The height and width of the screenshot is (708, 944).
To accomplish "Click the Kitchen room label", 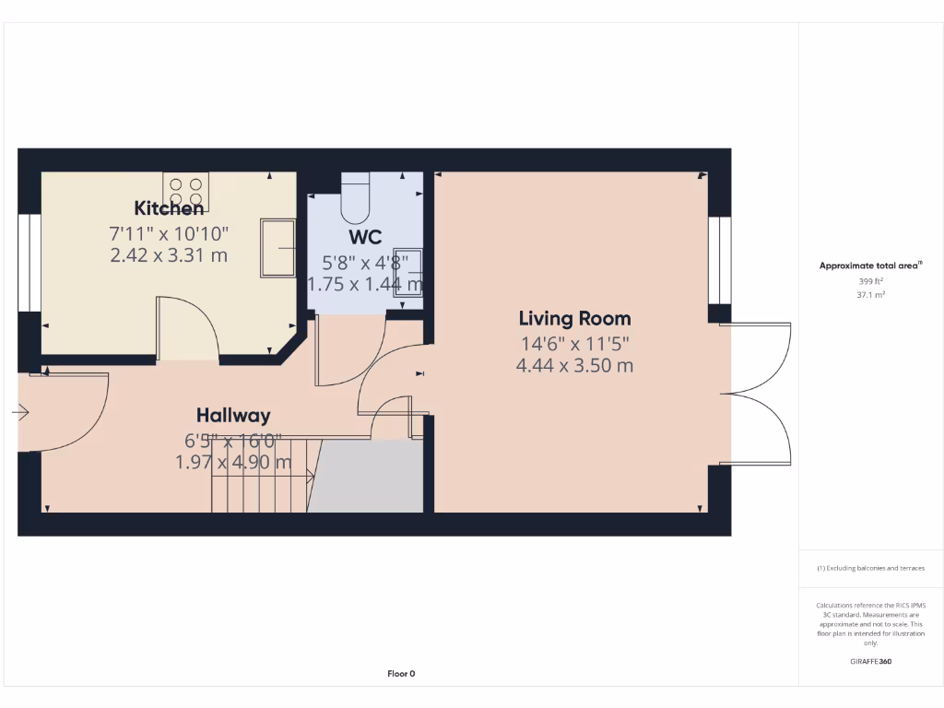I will coord(169,208).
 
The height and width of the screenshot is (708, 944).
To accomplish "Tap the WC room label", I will coord(365,239).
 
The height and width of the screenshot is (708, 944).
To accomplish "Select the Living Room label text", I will coord(574,319).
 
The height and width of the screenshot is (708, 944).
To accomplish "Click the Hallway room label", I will coord(233,416).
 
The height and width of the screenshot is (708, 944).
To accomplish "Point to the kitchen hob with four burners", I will coord(185,190).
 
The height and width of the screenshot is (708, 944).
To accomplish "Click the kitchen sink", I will coord(277,247).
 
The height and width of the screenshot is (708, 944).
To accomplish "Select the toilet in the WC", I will coord(356,199).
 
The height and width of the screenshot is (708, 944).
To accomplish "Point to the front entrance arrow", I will coord(20,414).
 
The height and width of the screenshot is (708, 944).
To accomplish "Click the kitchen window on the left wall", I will coord(29,263).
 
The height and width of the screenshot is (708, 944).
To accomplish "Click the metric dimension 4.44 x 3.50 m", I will coord(574,365).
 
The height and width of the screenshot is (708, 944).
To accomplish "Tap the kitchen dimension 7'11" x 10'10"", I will coord(169,234).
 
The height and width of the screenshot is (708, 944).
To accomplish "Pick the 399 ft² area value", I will coord(871,280).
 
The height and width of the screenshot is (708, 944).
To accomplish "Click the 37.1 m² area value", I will coord(871,295).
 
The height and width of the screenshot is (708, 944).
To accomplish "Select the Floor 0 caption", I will coord(401,674).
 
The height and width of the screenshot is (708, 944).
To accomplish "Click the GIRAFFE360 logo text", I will coord(871,661).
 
